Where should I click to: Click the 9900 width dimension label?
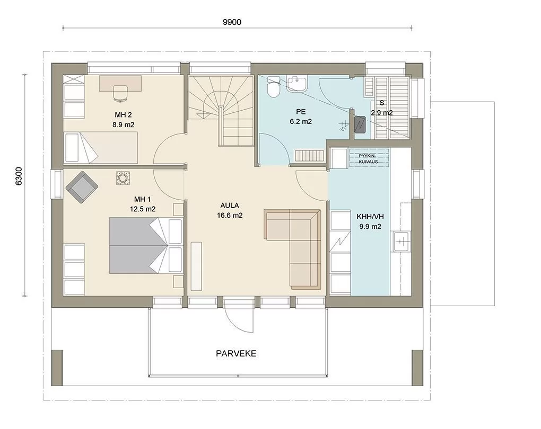coord(232,22)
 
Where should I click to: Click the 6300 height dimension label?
coord(19,176)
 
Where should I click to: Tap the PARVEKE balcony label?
coord(236,354)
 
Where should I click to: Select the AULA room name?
coord(230,205)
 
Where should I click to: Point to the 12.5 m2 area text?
coord(143,209)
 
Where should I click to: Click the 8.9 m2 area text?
coord(123,125)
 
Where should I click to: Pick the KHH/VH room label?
coord(370,217)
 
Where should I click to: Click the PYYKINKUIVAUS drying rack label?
coord(368,159)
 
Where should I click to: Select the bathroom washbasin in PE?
coord(296,84)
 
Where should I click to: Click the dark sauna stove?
coord(360,124)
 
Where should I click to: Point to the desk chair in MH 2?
coord(120,93)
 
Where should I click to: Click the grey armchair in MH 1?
coord(82,187)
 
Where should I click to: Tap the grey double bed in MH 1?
coord(146,245)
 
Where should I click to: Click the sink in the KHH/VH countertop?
coord(401,241)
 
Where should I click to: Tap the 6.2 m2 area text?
coord(301,121)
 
